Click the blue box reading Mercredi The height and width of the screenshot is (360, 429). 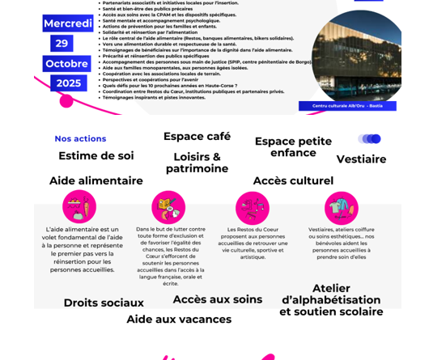click(68, 23)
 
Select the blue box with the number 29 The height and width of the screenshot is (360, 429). click(62, 43)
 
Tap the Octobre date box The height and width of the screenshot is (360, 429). click(66, 63)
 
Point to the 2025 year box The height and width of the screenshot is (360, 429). click(67, 83)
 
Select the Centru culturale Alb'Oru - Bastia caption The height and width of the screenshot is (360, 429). click(347, 106)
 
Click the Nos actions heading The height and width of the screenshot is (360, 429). click(80, 138)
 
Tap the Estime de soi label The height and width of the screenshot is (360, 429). click(96, 155)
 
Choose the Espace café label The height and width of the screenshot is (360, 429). click(197, 136)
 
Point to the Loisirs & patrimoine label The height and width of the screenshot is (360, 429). click(197, 163)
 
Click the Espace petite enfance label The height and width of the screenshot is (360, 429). click(293, 146)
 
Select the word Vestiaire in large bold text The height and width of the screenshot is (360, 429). click(361, 159)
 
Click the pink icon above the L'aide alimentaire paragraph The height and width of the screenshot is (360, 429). click(79, 207)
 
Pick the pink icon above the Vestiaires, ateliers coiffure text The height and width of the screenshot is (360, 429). click(341, 208)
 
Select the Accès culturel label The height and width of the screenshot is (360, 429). click(293, 180)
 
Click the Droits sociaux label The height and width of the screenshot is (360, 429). click(104, 303)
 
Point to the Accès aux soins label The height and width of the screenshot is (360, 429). click(218, 299)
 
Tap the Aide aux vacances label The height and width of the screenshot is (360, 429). click(179, 319)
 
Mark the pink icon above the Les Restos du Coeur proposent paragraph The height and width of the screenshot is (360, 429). click(253, 208)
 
